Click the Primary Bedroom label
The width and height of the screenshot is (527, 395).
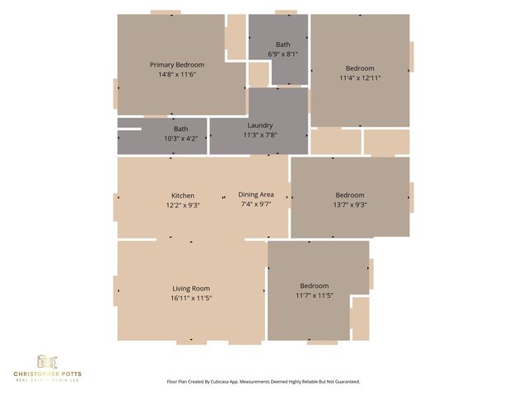pyautogui.click(x=177, y=64)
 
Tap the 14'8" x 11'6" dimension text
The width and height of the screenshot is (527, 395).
pyautogui.click(x=177, y=74)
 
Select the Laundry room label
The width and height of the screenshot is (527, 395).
pyautogui.click(x=259, y=125)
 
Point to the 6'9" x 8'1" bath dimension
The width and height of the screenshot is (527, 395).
pyautogui.click(x=283, y=54)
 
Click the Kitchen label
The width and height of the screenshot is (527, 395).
pyautogui.click(x=183, y=195)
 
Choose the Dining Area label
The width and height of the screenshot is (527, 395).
pyautogui.click(x=256, y=194)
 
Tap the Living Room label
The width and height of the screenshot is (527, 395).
pyautogui.click(x=191, y=288)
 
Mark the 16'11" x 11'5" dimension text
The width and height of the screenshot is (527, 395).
pyautogui.click(x=191, y=298)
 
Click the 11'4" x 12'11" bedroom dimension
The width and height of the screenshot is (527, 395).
pyautogui.click(x=360, y=78)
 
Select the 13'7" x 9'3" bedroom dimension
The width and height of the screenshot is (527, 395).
pyautogui.click(x=350, y=205)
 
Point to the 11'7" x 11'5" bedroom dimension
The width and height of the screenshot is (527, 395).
pyautogui.click(x=314, y=295)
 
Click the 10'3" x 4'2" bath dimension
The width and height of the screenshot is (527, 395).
pyautogui.click(x=180, y=138)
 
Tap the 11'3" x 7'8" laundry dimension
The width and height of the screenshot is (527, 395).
pyautogui.click(x=259, y=135)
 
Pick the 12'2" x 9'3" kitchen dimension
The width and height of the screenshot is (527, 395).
pyautogui.click(x=183, y=205)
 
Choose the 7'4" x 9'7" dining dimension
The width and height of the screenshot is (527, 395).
pyautogui.click(x=256, y=204)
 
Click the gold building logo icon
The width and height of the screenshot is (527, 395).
pyautogui.click(x=47, y=362)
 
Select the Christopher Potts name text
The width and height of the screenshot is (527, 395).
pyautogui.click(x=47, y=374)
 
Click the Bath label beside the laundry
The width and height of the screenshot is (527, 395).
pyautogui.click(x=180, y=128)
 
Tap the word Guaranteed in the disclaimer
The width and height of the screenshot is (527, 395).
pyautogui.click(x=345, y=382)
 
